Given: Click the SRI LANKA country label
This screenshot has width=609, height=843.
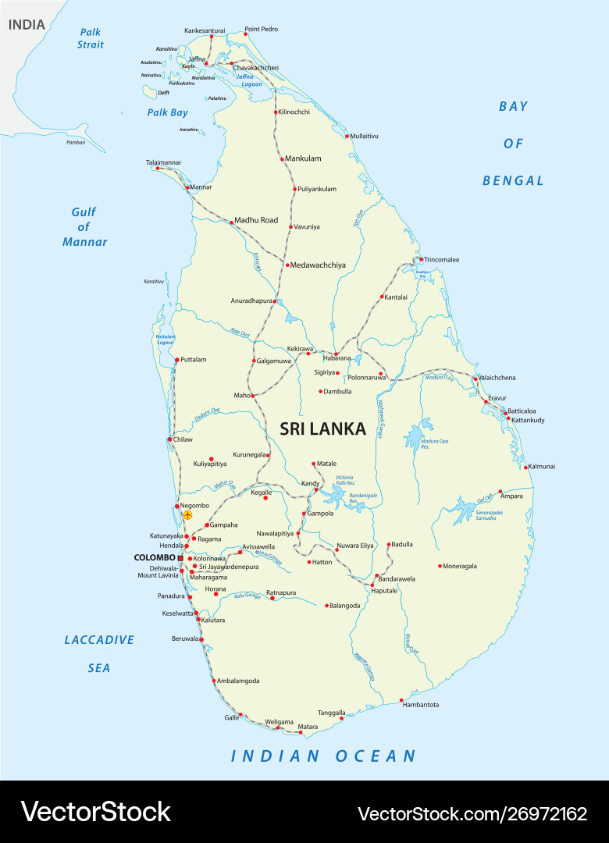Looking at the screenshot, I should [x=322, y=429].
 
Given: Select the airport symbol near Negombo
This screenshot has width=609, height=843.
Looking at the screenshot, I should [x=187, y=515].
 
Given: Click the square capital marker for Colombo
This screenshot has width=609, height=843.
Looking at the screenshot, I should [x=180, y=558].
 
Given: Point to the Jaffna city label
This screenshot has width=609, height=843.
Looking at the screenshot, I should [x=197, y=59].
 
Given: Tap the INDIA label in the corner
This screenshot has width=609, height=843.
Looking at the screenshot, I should [x=27, y=25].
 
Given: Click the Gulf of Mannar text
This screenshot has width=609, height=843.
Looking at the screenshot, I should [x=84, y=226].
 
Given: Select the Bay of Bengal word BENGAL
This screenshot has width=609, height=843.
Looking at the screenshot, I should [x=513, y=180].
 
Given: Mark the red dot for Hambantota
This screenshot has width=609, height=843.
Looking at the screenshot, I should [x=401, y=700].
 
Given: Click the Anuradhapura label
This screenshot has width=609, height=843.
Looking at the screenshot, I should [x=251, y=301].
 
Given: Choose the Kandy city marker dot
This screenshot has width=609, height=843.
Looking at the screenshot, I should [x=317, y=489].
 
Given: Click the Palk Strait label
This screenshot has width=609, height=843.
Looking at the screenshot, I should [x=91, y=38].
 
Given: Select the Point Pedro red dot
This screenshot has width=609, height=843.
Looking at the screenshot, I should [x=246, y=34].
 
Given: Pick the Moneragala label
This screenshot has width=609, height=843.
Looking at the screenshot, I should [x=460, y=566].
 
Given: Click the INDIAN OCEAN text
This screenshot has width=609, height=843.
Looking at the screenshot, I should [x=323, y=756].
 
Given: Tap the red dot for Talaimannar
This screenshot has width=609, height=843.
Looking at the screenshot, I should [x=158, y=168].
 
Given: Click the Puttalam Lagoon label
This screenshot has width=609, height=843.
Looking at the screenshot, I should [x=165, y=340].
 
